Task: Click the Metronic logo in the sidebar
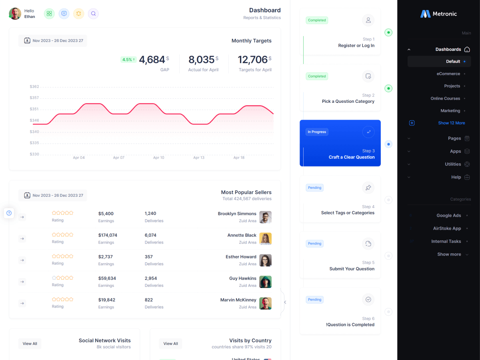[x=438, y=14]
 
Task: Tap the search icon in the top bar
[x=93, y=14]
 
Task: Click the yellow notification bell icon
[x=78, y=14]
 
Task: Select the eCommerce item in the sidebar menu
[x=448, y=74]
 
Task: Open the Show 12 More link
[x=451, y=123]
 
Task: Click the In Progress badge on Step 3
[x=317, y=132]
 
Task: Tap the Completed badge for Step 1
[x=317, y=20]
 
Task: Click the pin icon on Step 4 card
[x=368, y=188]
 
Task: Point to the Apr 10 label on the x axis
[x=158, y=158]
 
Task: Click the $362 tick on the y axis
[x=34, y=86]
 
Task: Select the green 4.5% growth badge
[x=128, y=60]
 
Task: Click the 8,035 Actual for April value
[x=202, y=60]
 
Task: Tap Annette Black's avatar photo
[x=265, y=238]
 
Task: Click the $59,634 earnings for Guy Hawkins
[x=107, y=278]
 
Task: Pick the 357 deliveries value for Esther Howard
[x=149, y=257]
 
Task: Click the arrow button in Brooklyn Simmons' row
[x=22, y=217]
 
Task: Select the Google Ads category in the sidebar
[x=449, y=215]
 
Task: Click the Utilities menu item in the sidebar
[x=453, y=164]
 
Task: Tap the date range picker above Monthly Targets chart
[x=53, y=41]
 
